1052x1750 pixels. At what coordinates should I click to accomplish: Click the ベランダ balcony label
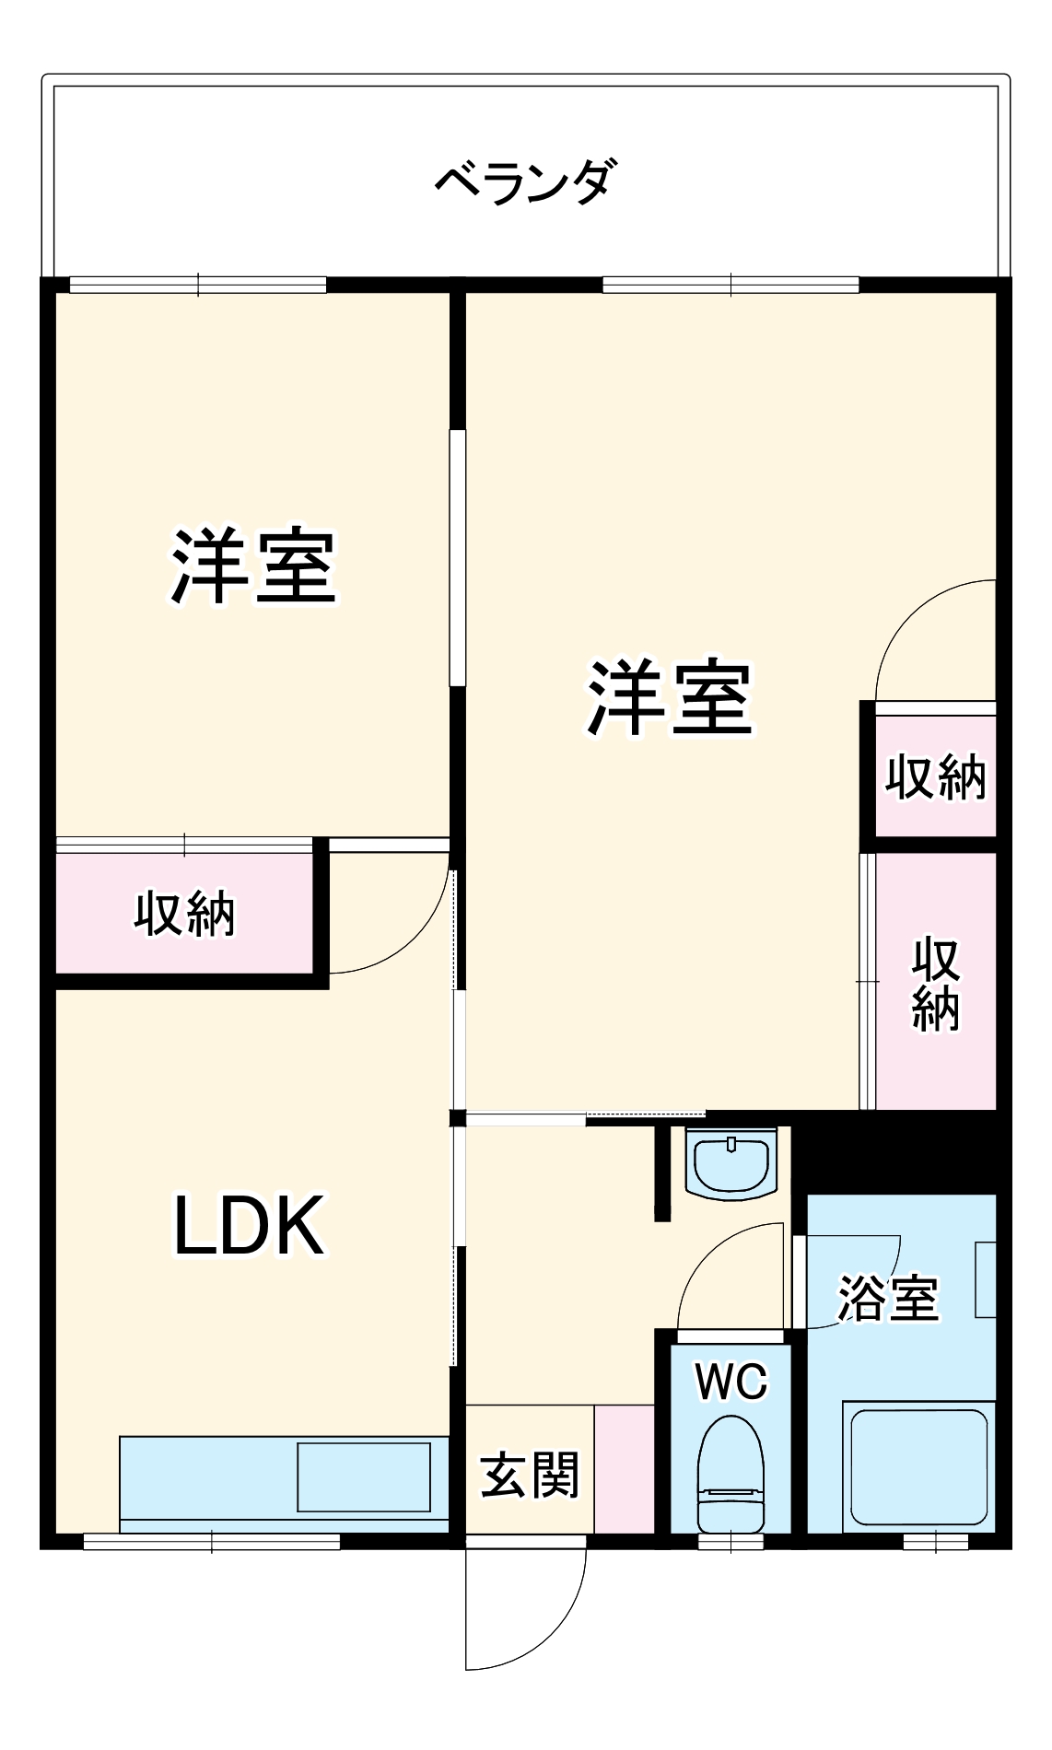pos(522,181)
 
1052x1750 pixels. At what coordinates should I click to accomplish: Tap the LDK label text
pos(250,1226)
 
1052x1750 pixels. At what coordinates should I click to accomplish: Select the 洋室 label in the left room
pos(253,567)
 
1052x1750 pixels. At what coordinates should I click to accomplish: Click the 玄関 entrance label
pos(530,1475)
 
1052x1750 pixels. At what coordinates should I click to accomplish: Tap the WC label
pos(731,1382)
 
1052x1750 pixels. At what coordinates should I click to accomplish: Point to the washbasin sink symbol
pos(731,1166)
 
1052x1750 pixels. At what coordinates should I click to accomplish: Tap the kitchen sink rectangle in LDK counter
pos(364,1476)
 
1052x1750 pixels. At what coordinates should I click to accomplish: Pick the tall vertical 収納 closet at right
pos(936,984)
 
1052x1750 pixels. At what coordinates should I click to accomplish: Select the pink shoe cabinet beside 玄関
pos(624,1469)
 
